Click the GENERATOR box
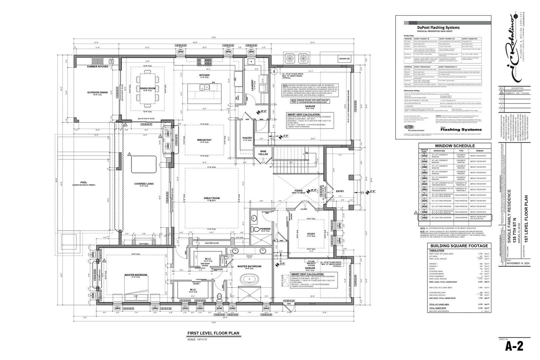[x=344, y=59]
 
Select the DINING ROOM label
[x=147, y=88]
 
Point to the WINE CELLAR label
[x=263, y=153]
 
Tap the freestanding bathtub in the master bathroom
[x=249, y=279]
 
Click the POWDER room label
[x=265, y=229]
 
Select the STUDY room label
[x=311, y=234]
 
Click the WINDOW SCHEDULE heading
[x=455, y=146]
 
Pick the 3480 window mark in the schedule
[x=424, y=218]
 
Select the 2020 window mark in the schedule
[x=424, y=156]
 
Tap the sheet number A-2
[x=514, y=347]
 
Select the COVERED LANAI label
[x=144, y=184]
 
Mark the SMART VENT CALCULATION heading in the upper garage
[x=303, y=114]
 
